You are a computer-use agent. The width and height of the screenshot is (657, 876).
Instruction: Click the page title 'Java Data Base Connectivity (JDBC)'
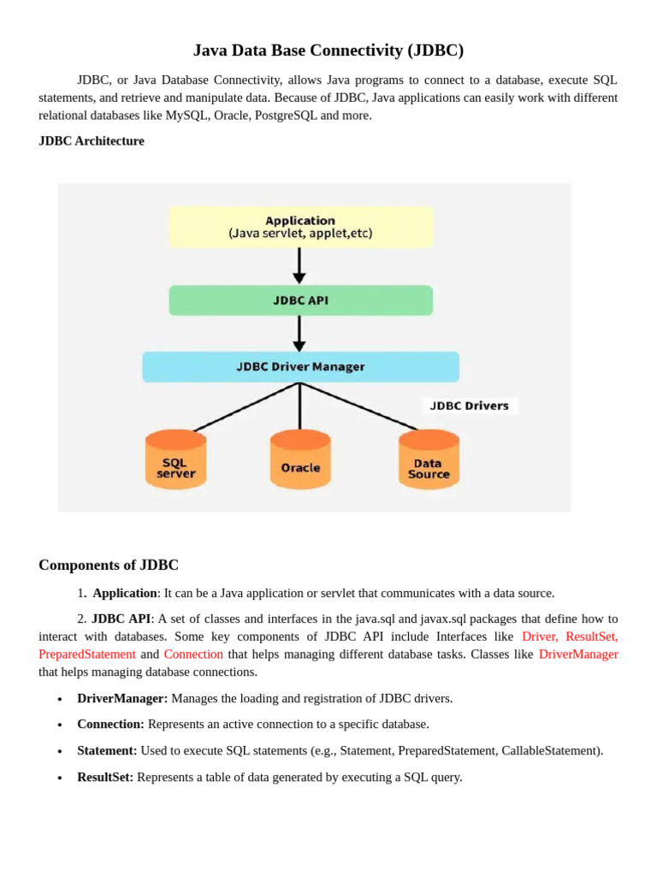328,50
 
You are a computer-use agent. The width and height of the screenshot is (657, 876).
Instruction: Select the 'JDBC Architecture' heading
92,141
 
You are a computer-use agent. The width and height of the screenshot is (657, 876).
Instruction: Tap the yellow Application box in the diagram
300,227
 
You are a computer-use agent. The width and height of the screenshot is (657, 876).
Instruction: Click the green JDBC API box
300,300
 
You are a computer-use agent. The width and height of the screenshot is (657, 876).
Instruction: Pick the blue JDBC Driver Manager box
300,367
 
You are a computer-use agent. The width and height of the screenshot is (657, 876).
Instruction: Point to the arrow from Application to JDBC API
299,265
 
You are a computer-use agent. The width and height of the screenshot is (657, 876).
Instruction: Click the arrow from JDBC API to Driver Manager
299,334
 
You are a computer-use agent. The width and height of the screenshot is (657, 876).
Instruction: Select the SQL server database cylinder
176,459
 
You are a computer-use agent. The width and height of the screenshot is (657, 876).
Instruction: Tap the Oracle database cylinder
300,459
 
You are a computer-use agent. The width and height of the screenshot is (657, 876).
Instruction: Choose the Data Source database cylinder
429,459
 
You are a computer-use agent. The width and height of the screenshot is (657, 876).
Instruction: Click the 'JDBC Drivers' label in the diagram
469,405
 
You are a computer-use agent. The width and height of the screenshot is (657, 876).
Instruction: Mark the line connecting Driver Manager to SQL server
244,406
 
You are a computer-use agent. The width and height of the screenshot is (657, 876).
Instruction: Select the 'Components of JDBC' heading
109,565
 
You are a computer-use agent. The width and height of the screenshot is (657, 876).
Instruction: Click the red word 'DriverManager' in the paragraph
578,654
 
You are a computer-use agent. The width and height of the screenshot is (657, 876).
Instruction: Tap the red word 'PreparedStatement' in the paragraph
87,654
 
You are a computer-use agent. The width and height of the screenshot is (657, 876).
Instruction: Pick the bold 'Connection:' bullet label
110,724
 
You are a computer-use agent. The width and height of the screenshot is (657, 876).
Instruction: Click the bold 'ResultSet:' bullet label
105,777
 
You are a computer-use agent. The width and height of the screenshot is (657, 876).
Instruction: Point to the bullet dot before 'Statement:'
60,751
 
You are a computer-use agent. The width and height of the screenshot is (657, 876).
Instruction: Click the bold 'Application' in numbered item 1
125,593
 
